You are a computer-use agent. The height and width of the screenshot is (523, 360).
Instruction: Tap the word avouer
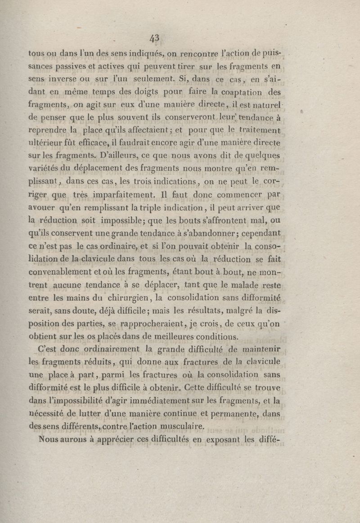[x=43, y=208]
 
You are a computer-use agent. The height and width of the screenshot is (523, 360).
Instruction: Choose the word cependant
[x=258, y=234]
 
